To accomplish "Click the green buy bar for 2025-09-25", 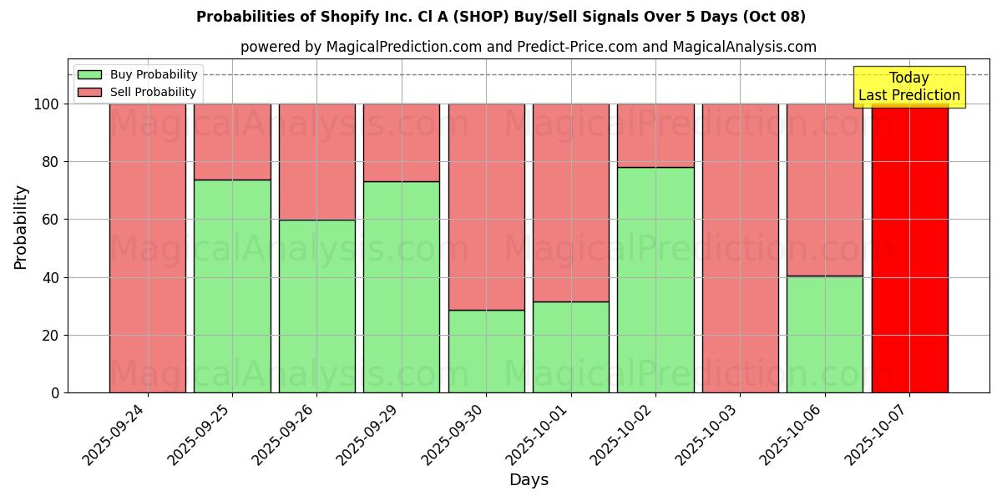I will click(232, 286).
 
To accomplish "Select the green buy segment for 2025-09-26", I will click(317, 306).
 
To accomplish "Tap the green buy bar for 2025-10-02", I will click(655, 280).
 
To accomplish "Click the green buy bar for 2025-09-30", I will click(486, 351).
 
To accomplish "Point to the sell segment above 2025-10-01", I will click(571, 202).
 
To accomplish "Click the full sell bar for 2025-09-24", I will click(148, 248).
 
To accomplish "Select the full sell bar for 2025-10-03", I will click(740, 248).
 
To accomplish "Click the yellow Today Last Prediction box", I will click(908, 87).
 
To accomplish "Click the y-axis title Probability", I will click(21, 227).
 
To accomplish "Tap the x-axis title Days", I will click(529, 480).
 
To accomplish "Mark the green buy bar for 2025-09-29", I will click(402, 286).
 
